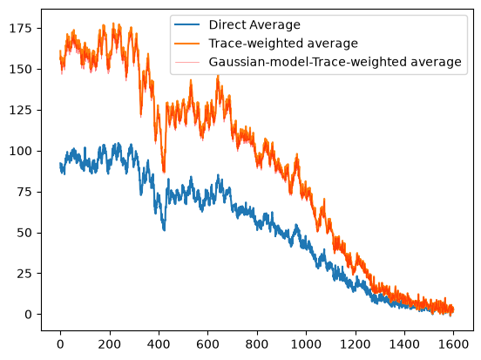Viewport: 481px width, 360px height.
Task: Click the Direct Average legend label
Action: (254, 24)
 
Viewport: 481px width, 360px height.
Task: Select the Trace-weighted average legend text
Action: (283, 44)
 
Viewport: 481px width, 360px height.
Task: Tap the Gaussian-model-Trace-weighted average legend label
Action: (335, 62)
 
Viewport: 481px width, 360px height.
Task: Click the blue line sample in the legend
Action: (186, 24)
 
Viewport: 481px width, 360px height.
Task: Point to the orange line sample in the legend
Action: (186, 44)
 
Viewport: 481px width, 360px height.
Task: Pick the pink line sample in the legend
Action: (186, 62)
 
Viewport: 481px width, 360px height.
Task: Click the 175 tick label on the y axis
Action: (21, 28)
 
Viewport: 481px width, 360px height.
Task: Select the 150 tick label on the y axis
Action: (21, 70)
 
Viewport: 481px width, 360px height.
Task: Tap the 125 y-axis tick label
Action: (21, 110)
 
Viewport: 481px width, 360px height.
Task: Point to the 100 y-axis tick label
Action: (21, 151)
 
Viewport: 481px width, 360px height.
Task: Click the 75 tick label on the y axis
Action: (24, 192)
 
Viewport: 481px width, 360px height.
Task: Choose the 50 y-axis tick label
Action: (24, 233)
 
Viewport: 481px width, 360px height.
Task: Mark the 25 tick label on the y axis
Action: (24, 274)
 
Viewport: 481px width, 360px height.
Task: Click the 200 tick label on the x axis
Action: (110, 344)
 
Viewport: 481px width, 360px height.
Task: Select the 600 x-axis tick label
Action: (207, 344)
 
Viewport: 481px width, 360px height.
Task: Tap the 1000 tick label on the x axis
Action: (306, 344)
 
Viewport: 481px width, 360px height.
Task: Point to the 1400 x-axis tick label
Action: (404, 344)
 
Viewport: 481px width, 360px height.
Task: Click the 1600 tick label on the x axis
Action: (453, 344)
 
